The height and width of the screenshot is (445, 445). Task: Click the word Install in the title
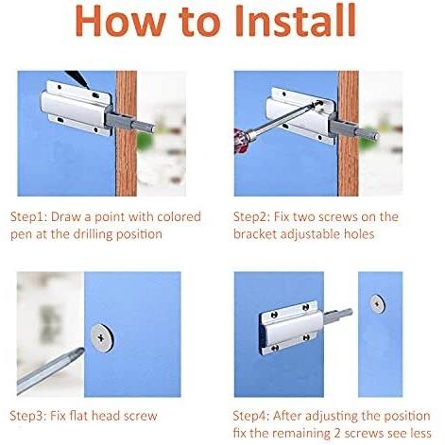coord(295,21)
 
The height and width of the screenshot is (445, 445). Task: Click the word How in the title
coord(121,21)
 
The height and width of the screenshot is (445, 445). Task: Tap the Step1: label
coord(28,217)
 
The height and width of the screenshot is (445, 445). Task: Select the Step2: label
coord(251,217)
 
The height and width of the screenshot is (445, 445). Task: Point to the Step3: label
coord(28,416)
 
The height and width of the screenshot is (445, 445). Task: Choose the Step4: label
coord(251,416)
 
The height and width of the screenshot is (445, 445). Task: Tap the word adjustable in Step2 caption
coord(310,234)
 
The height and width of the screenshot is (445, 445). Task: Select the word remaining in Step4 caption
coord(301,434)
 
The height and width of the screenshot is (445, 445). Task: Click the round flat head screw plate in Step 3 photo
coord(102,338)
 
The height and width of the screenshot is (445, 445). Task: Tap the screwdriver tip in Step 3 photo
coord(80,351)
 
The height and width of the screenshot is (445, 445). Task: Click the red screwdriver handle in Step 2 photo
coord(241,140)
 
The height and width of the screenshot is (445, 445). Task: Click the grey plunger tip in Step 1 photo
coord(152,128)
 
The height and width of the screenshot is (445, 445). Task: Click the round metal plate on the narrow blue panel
coord(377,303)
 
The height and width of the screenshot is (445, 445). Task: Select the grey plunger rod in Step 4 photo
coord(338,317)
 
